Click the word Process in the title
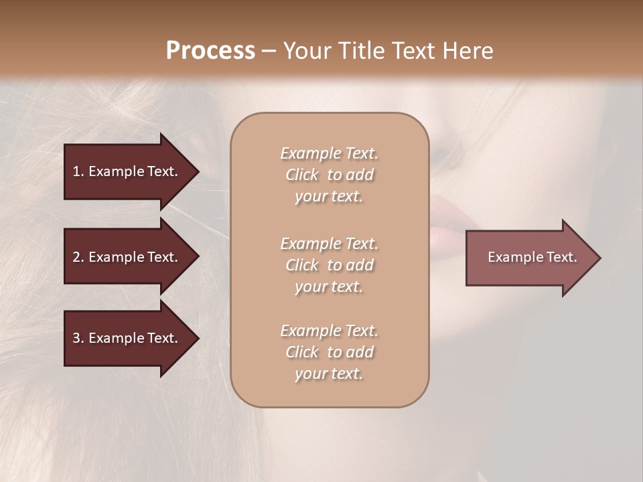click(210, 51)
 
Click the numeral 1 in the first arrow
click(76, 171)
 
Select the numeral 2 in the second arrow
click(76, 257)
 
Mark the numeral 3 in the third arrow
click(76, 338)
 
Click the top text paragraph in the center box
click(329, 175)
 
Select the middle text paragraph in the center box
click(329, 265)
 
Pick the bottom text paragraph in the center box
click(329, 352)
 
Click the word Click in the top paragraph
click(301, 175)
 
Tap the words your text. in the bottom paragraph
click(329, 374)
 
